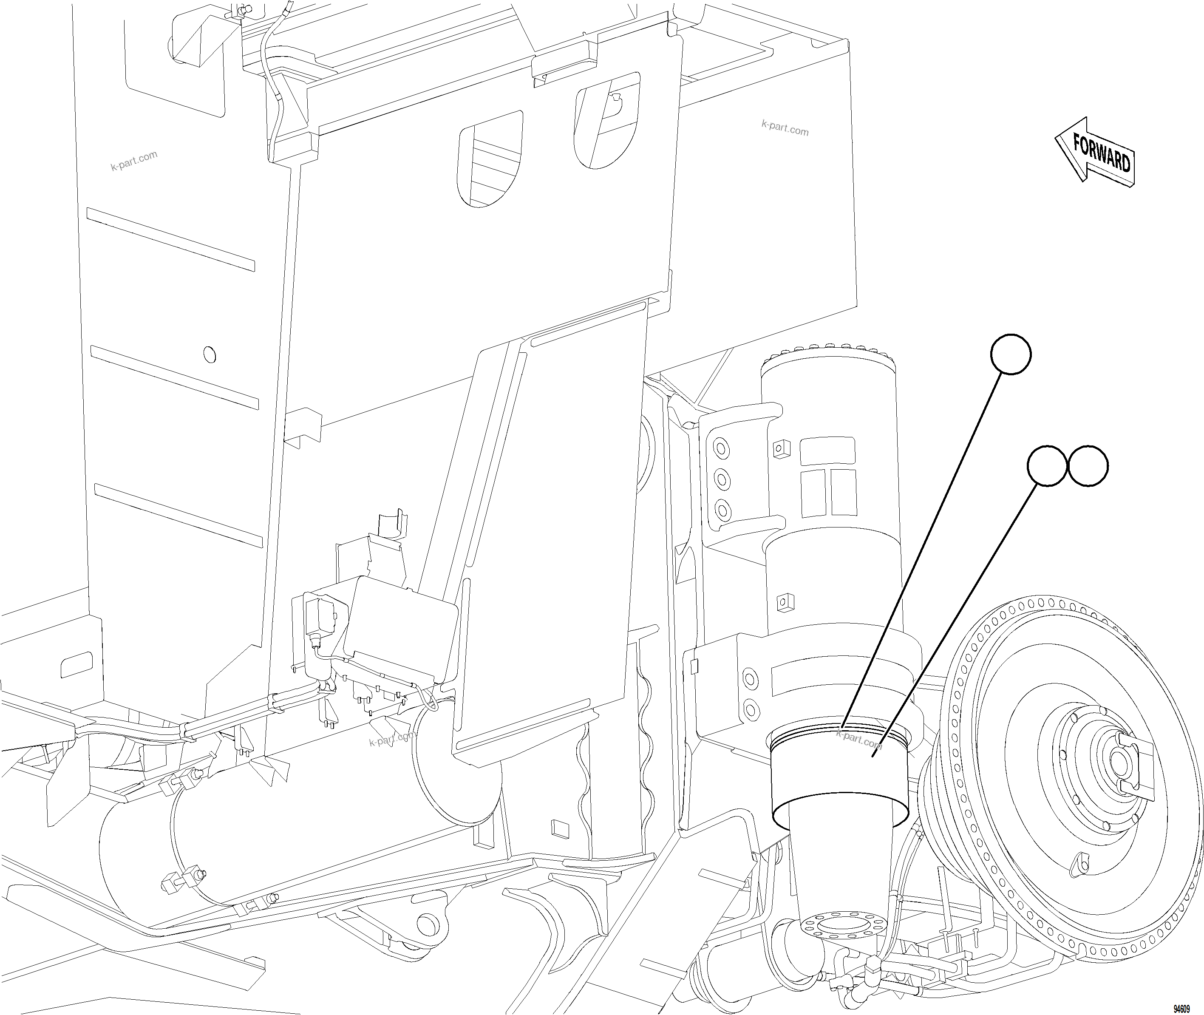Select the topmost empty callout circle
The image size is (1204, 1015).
[x=1011, y=354]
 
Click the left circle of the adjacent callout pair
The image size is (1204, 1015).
[x=1047, y=466]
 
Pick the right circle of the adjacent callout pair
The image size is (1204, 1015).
[x=1088, y=466]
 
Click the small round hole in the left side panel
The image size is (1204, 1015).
[x=210, y=355]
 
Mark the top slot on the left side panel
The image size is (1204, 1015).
[x=170, y=239]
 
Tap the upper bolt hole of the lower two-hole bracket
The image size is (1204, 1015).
[x=750, y=679]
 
